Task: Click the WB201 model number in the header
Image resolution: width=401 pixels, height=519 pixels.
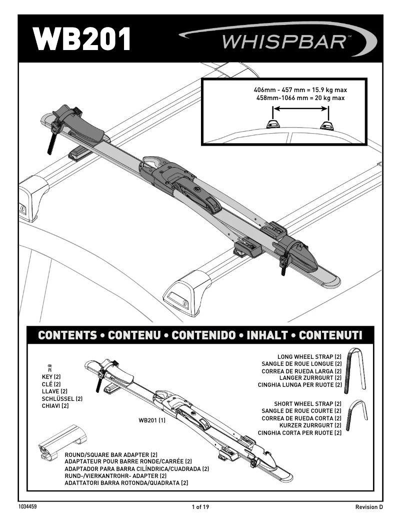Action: tap(82, 39)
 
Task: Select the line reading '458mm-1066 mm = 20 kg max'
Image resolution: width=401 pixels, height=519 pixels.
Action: tap(300, 98)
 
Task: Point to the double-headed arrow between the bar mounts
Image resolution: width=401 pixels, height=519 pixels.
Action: tap(299, 120)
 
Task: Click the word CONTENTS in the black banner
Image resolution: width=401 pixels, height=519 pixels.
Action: tap(66, 335)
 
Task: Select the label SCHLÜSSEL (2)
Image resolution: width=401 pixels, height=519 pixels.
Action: tap(62, 398)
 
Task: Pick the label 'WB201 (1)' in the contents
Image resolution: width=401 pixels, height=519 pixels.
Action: tap(152, 420)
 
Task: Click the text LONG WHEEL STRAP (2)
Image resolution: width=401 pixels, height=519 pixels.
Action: tap(309, 356)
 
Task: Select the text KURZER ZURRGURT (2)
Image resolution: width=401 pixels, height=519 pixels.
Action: tap(310, 425)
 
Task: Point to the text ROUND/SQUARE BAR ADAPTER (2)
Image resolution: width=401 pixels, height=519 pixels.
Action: tap(111, 454)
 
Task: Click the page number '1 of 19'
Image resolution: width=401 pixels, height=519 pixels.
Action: tap(200, 507)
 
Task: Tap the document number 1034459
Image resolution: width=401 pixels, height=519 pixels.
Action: tap(28, 507)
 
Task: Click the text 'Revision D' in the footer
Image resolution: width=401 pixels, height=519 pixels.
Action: tap(369, 507)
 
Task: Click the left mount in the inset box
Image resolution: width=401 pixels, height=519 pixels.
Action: tap(273, 124)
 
